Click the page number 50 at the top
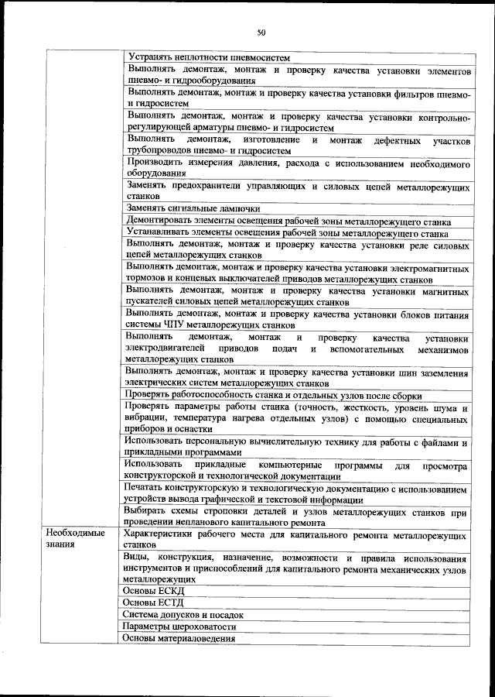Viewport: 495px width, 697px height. pyautogui.click(x=261, y=33)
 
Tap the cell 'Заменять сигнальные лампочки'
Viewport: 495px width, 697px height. pyautogui.click(x=194, y=208)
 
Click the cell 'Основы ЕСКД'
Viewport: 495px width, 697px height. pyautogui.click(x=154, y=590)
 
